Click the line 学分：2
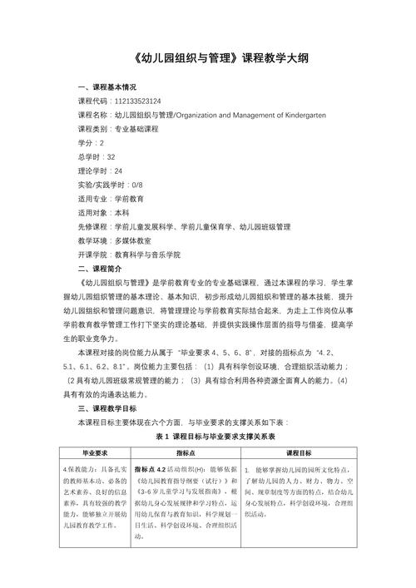[x=91, y=143]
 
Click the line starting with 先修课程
[x=184, y=226]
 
